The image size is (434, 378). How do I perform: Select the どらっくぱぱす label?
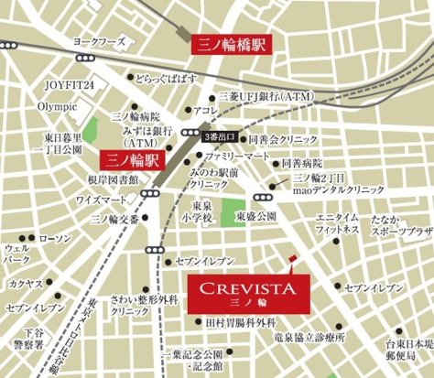click(x=180, y=80)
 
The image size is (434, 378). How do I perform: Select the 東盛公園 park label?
click(x=256, y=216)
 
